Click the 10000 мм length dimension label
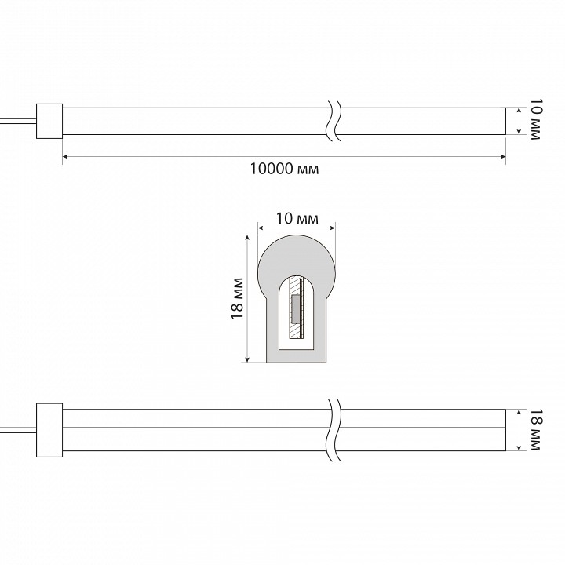pos(284,168)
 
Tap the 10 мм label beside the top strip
pos(535,119)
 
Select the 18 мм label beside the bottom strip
pos(535,429)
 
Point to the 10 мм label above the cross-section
pos(297,218)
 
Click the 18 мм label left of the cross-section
pos(237,298)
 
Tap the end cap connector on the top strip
pos(49,121)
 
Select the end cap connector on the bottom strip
pos(49,430)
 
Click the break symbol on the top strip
pos(334,120)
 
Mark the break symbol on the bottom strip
pos(334,429)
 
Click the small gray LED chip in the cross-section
pos(295,309)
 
